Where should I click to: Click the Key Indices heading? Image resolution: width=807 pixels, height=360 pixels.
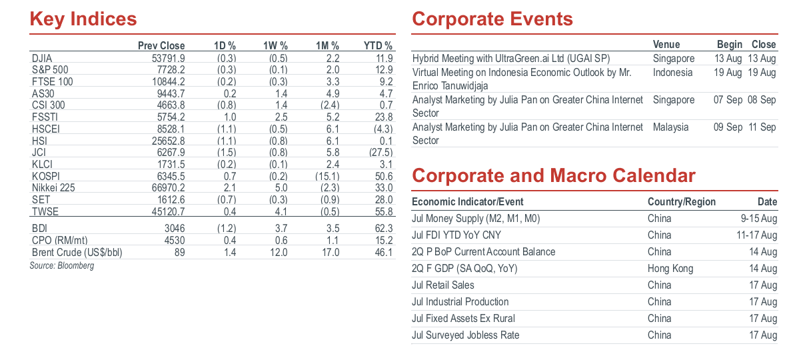tap(83, 19)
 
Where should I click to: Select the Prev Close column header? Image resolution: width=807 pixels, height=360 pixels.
tap(161, 46)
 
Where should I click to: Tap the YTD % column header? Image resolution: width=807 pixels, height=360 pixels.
tap(378, 46)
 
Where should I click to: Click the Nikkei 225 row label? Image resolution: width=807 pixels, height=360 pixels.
tap(53, 188)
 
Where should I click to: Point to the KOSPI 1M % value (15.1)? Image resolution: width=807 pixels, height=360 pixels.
tap(327, 176)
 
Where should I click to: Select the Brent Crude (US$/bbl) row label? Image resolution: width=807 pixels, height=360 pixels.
tap(77, 253)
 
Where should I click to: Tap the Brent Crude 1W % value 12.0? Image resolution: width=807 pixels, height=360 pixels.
tap(279, 252)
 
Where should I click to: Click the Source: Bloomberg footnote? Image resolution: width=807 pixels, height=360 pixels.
tap(62, 265)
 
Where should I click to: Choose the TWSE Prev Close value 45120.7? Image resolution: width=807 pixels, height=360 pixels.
tap(168, 211)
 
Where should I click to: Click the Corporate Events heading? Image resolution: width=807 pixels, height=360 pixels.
tap(492, 19)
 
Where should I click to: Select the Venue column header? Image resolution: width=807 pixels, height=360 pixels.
tap(666, 44)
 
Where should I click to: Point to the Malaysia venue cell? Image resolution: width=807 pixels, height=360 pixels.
tap(671, 127)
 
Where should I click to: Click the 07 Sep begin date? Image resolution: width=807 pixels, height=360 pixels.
tap(728, 100)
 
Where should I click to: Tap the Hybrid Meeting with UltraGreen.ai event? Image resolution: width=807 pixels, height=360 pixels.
tap(511, 59)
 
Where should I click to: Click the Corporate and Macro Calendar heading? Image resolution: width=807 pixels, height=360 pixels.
tap(554, 176)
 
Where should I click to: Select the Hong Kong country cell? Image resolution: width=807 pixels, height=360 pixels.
tap(670, 269)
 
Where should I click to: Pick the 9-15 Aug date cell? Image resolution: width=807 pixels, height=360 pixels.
tap(759, 219)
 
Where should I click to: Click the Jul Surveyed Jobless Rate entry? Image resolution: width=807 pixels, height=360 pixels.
tap(466, 335)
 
